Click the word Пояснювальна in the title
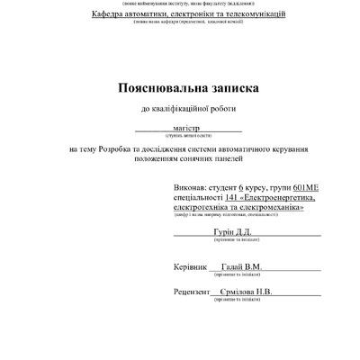tap(157, 89)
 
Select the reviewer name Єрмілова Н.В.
tap(251, 292)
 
